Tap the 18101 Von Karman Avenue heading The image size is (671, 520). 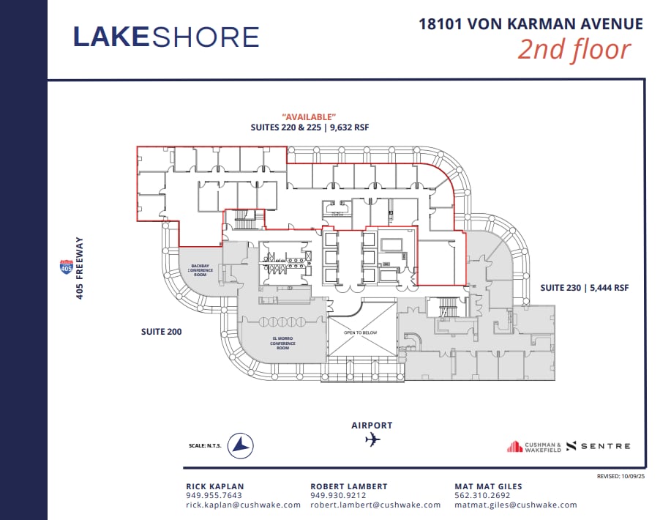coord(531,23)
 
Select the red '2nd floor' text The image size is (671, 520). coord(574,50)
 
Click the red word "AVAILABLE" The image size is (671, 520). coord(310,116)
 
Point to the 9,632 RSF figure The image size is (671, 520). coord(349,127)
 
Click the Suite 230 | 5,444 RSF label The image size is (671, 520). coord(585,288)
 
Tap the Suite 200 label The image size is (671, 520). coord(161,332)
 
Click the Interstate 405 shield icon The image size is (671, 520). coord(67,267)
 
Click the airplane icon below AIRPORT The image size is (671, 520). coord(372,440)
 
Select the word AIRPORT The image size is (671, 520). coord(372,425)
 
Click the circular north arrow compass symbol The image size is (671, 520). coord(240,445)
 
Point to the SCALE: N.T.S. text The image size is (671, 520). coord(205,445)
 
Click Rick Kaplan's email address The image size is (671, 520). coord(243,505)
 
